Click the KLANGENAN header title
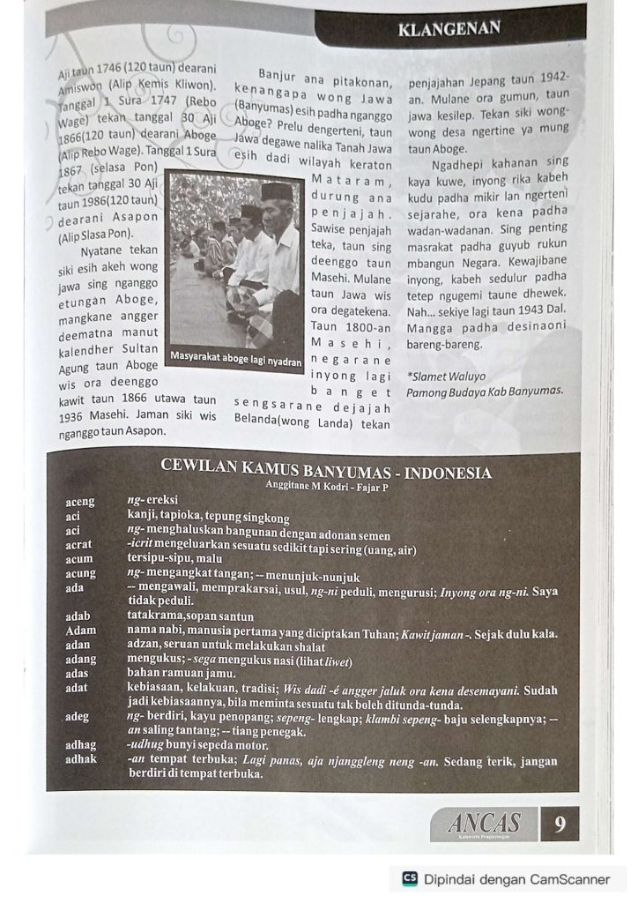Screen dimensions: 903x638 click(x=449, y=28)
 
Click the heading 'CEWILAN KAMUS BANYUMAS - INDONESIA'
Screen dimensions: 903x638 click(x=327, y=473)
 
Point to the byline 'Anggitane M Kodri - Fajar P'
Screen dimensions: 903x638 click(x=327, y=486)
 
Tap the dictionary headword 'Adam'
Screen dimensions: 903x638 click(x=80, y=631)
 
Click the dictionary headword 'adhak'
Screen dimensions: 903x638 click(x=81, y=759)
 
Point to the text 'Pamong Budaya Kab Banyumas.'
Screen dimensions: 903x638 click(x=485, y=390)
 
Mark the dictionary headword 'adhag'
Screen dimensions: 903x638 click(x=81, y=745)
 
